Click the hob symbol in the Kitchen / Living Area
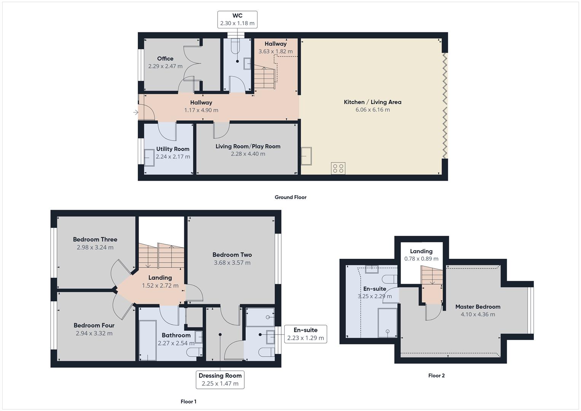click(x=338, y=168)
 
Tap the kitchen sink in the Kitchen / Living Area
click(x=306, y=156)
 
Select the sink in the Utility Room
click(x=149, y=157)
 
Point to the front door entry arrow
click(x=135, y=112)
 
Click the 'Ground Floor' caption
click(x=290, y=197)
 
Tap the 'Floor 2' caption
click(x=436, y=376)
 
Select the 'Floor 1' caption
click(x=188, y=401)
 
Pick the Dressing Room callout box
click(x=220, y=379)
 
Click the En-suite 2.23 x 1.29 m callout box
click(x=305, y=334)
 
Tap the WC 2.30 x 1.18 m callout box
click(x=237, y=19)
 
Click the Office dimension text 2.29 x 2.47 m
click(x=165, y=66)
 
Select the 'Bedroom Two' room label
click(x=232, y=255)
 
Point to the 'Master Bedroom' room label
click(x=478, y=307)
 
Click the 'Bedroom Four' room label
click(x=94, y=325)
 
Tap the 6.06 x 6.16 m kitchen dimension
click(x=372, y=110)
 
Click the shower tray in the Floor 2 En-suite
click(x=387, y=323)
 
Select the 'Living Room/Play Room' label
click(x=248, y=146)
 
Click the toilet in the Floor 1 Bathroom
click(x=194, y=352)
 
